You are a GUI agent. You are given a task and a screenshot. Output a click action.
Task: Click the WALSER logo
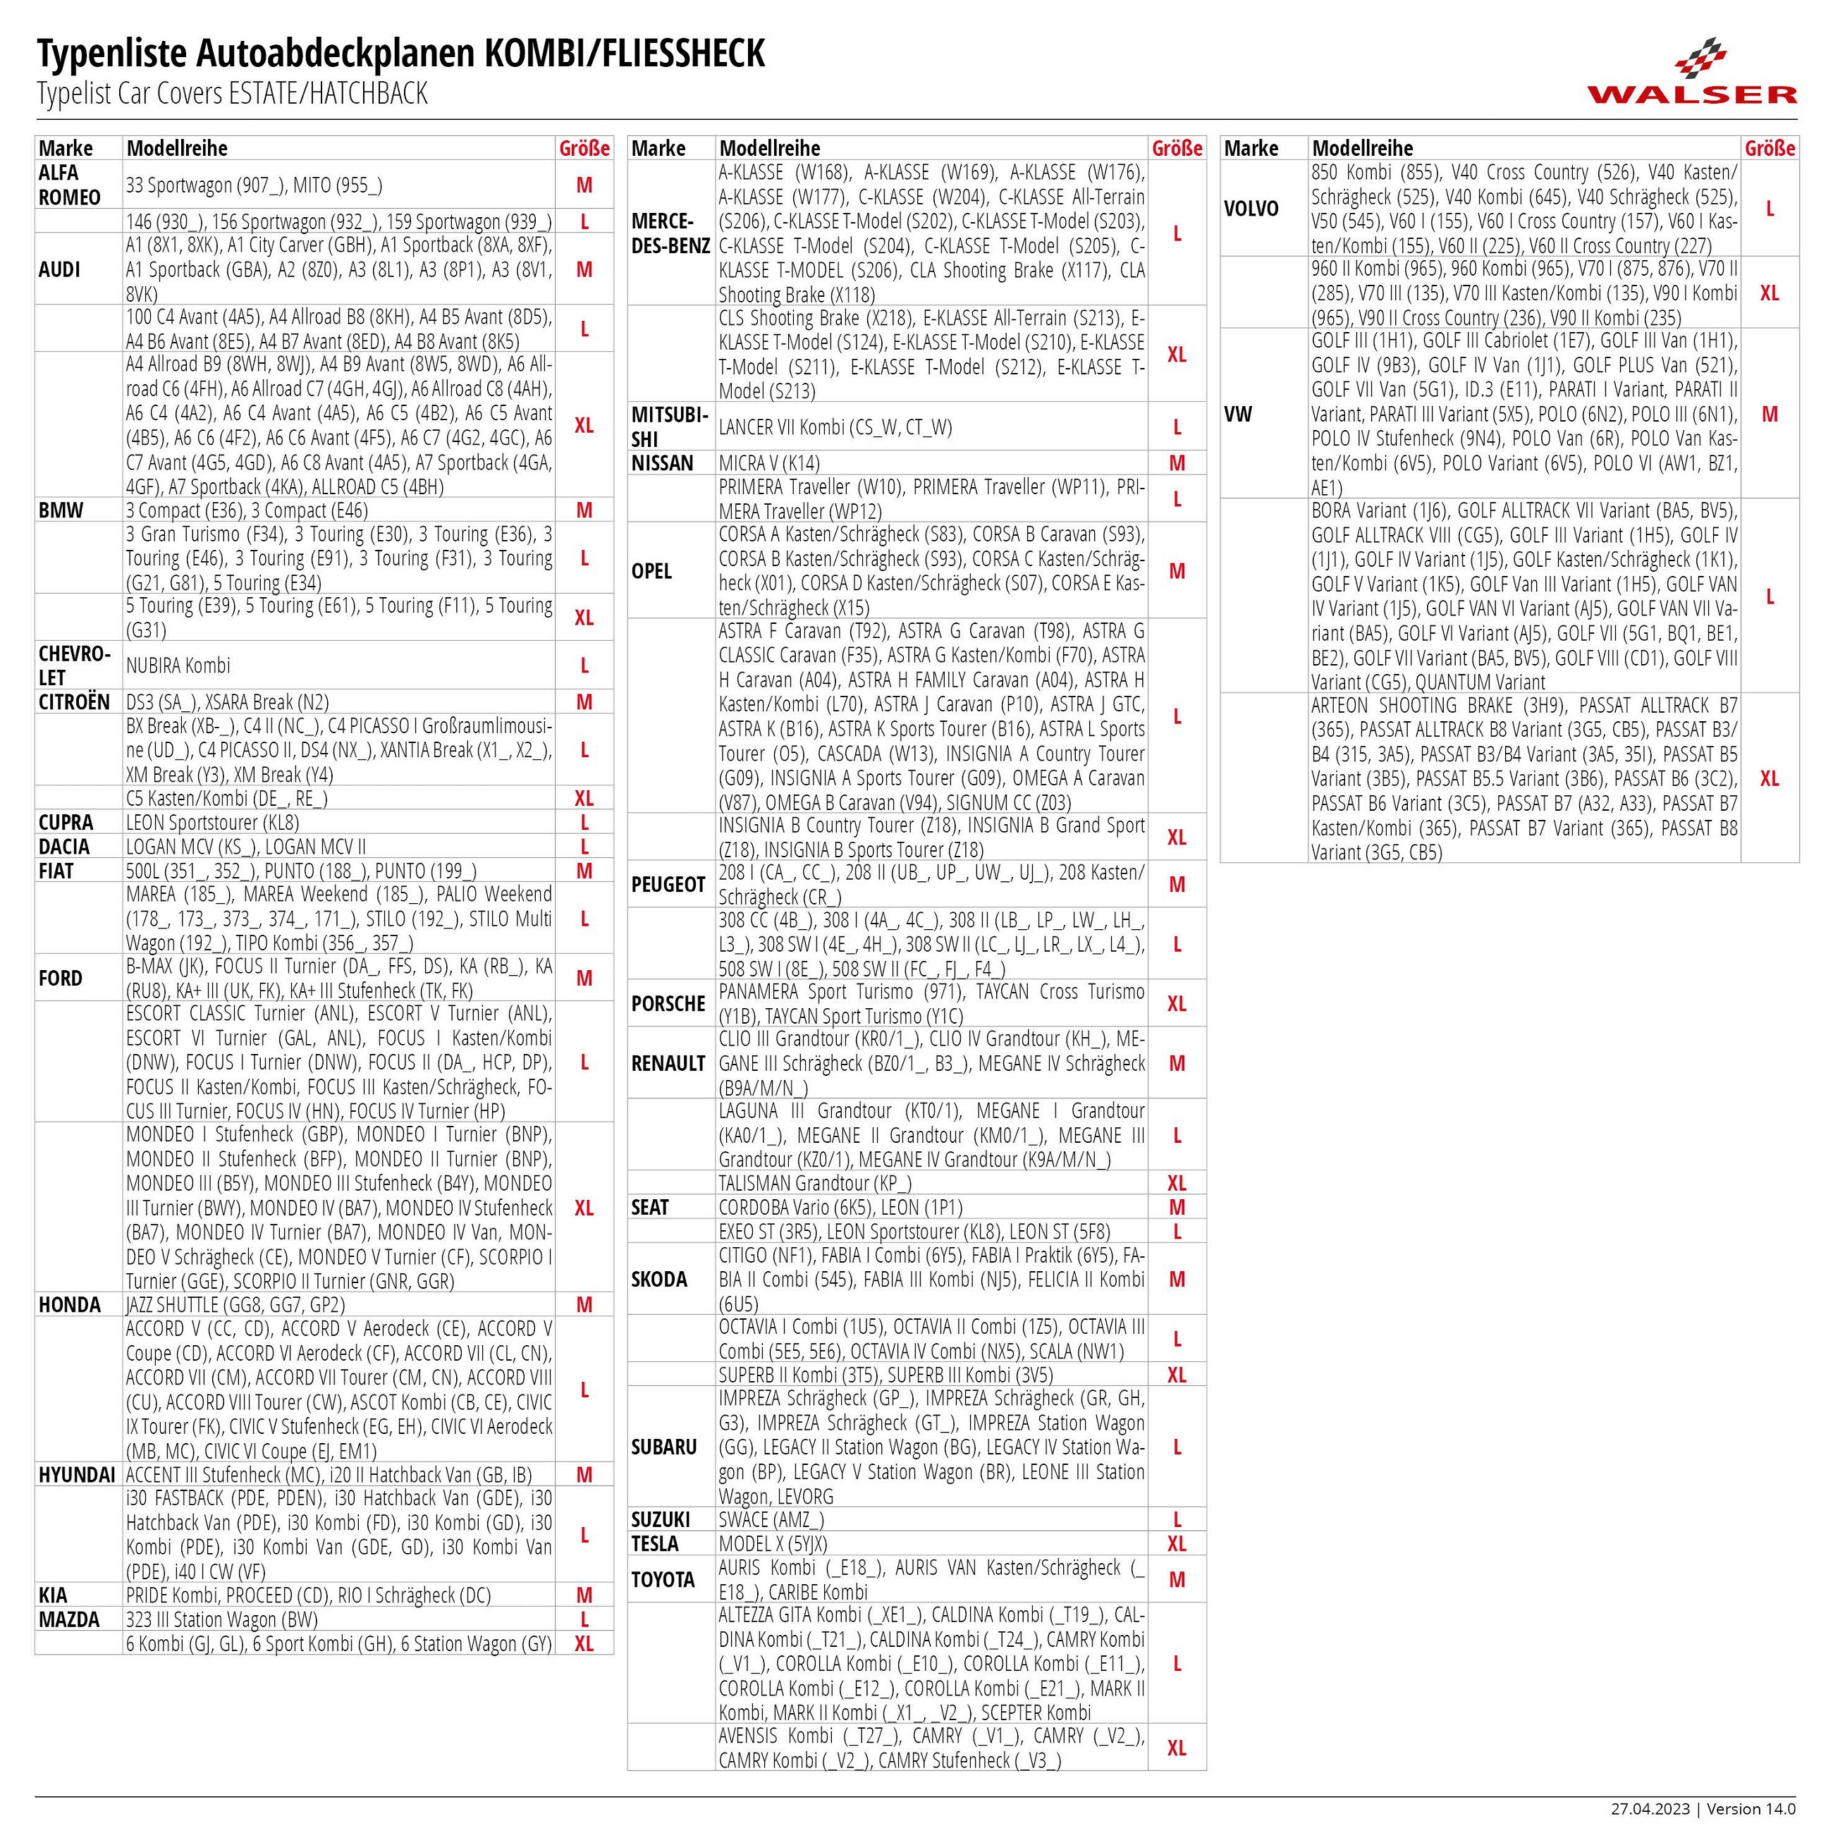tap(1691, 71)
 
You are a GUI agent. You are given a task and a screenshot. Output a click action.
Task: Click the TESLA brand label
tap(656, 1544)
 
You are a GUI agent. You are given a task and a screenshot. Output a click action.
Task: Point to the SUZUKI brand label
tap(661, 1520)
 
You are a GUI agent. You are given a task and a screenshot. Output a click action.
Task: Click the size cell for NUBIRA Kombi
tap(584, 665)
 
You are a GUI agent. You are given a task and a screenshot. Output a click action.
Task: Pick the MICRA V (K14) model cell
tap(769, 463)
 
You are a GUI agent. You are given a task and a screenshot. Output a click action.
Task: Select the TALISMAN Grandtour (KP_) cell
tap(815, 1183)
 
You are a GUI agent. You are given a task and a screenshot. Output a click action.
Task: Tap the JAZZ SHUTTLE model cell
tap(235, 1304)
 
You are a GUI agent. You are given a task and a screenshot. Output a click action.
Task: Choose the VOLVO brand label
tap(1251, 209)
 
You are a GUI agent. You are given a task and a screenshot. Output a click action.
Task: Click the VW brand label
tap(1238, 414)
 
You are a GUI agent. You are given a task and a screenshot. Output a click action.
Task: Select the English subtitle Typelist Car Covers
tap(233, 94)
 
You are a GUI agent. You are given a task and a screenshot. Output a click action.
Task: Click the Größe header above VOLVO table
tap(1770, 148)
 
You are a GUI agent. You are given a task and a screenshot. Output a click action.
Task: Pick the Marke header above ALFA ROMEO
tap(66, 148)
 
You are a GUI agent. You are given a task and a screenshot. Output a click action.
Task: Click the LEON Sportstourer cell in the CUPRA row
tap(212, 823)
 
